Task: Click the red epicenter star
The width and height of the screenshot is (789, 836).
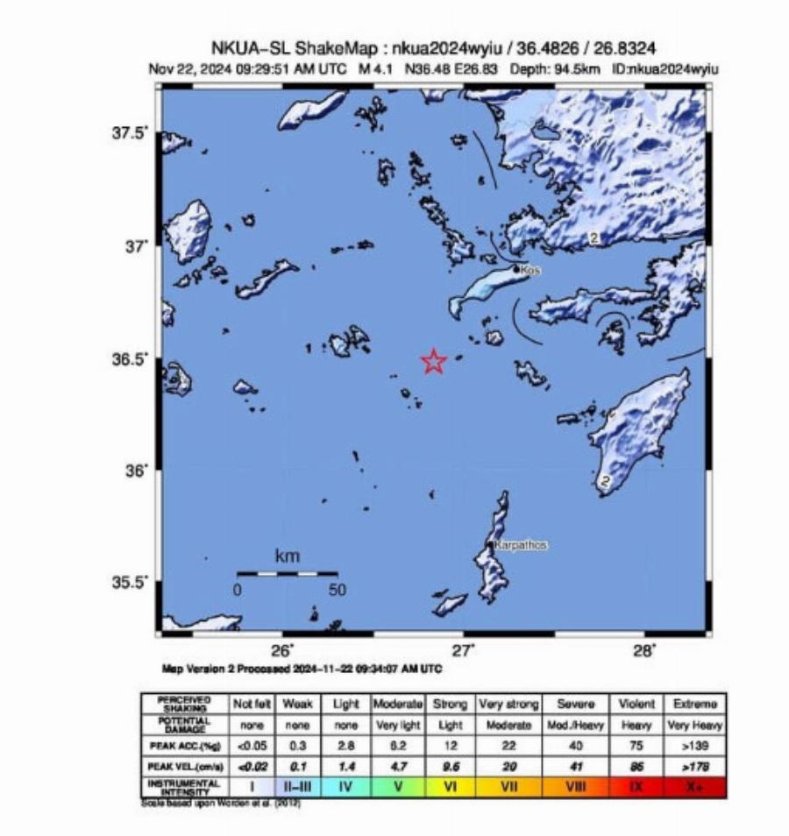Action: click(434, 361)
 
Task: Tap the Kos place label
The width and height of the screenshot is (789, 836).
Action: click(530, 271)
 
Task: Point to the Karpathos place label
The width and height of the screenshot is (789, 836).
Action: click(521, 545)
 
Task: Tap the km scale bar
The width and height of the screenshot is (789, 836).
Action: click(288, 573)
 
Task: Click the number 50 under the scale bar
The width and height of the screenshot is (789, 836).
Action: click(338, 591)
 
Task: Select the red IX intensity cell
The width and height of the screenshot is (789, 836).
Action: click(637, 786)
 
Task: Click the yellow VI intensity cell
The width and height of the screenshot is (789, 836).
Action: click(450, 786)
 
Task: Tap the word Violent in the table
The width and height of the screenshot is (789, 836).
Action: click(637, 704)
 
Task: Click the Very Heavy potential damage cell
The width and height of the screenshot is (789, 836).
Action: click(696, 726)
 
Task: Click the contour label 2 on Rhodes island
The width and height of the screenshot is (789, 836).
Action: click(605, 480)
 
